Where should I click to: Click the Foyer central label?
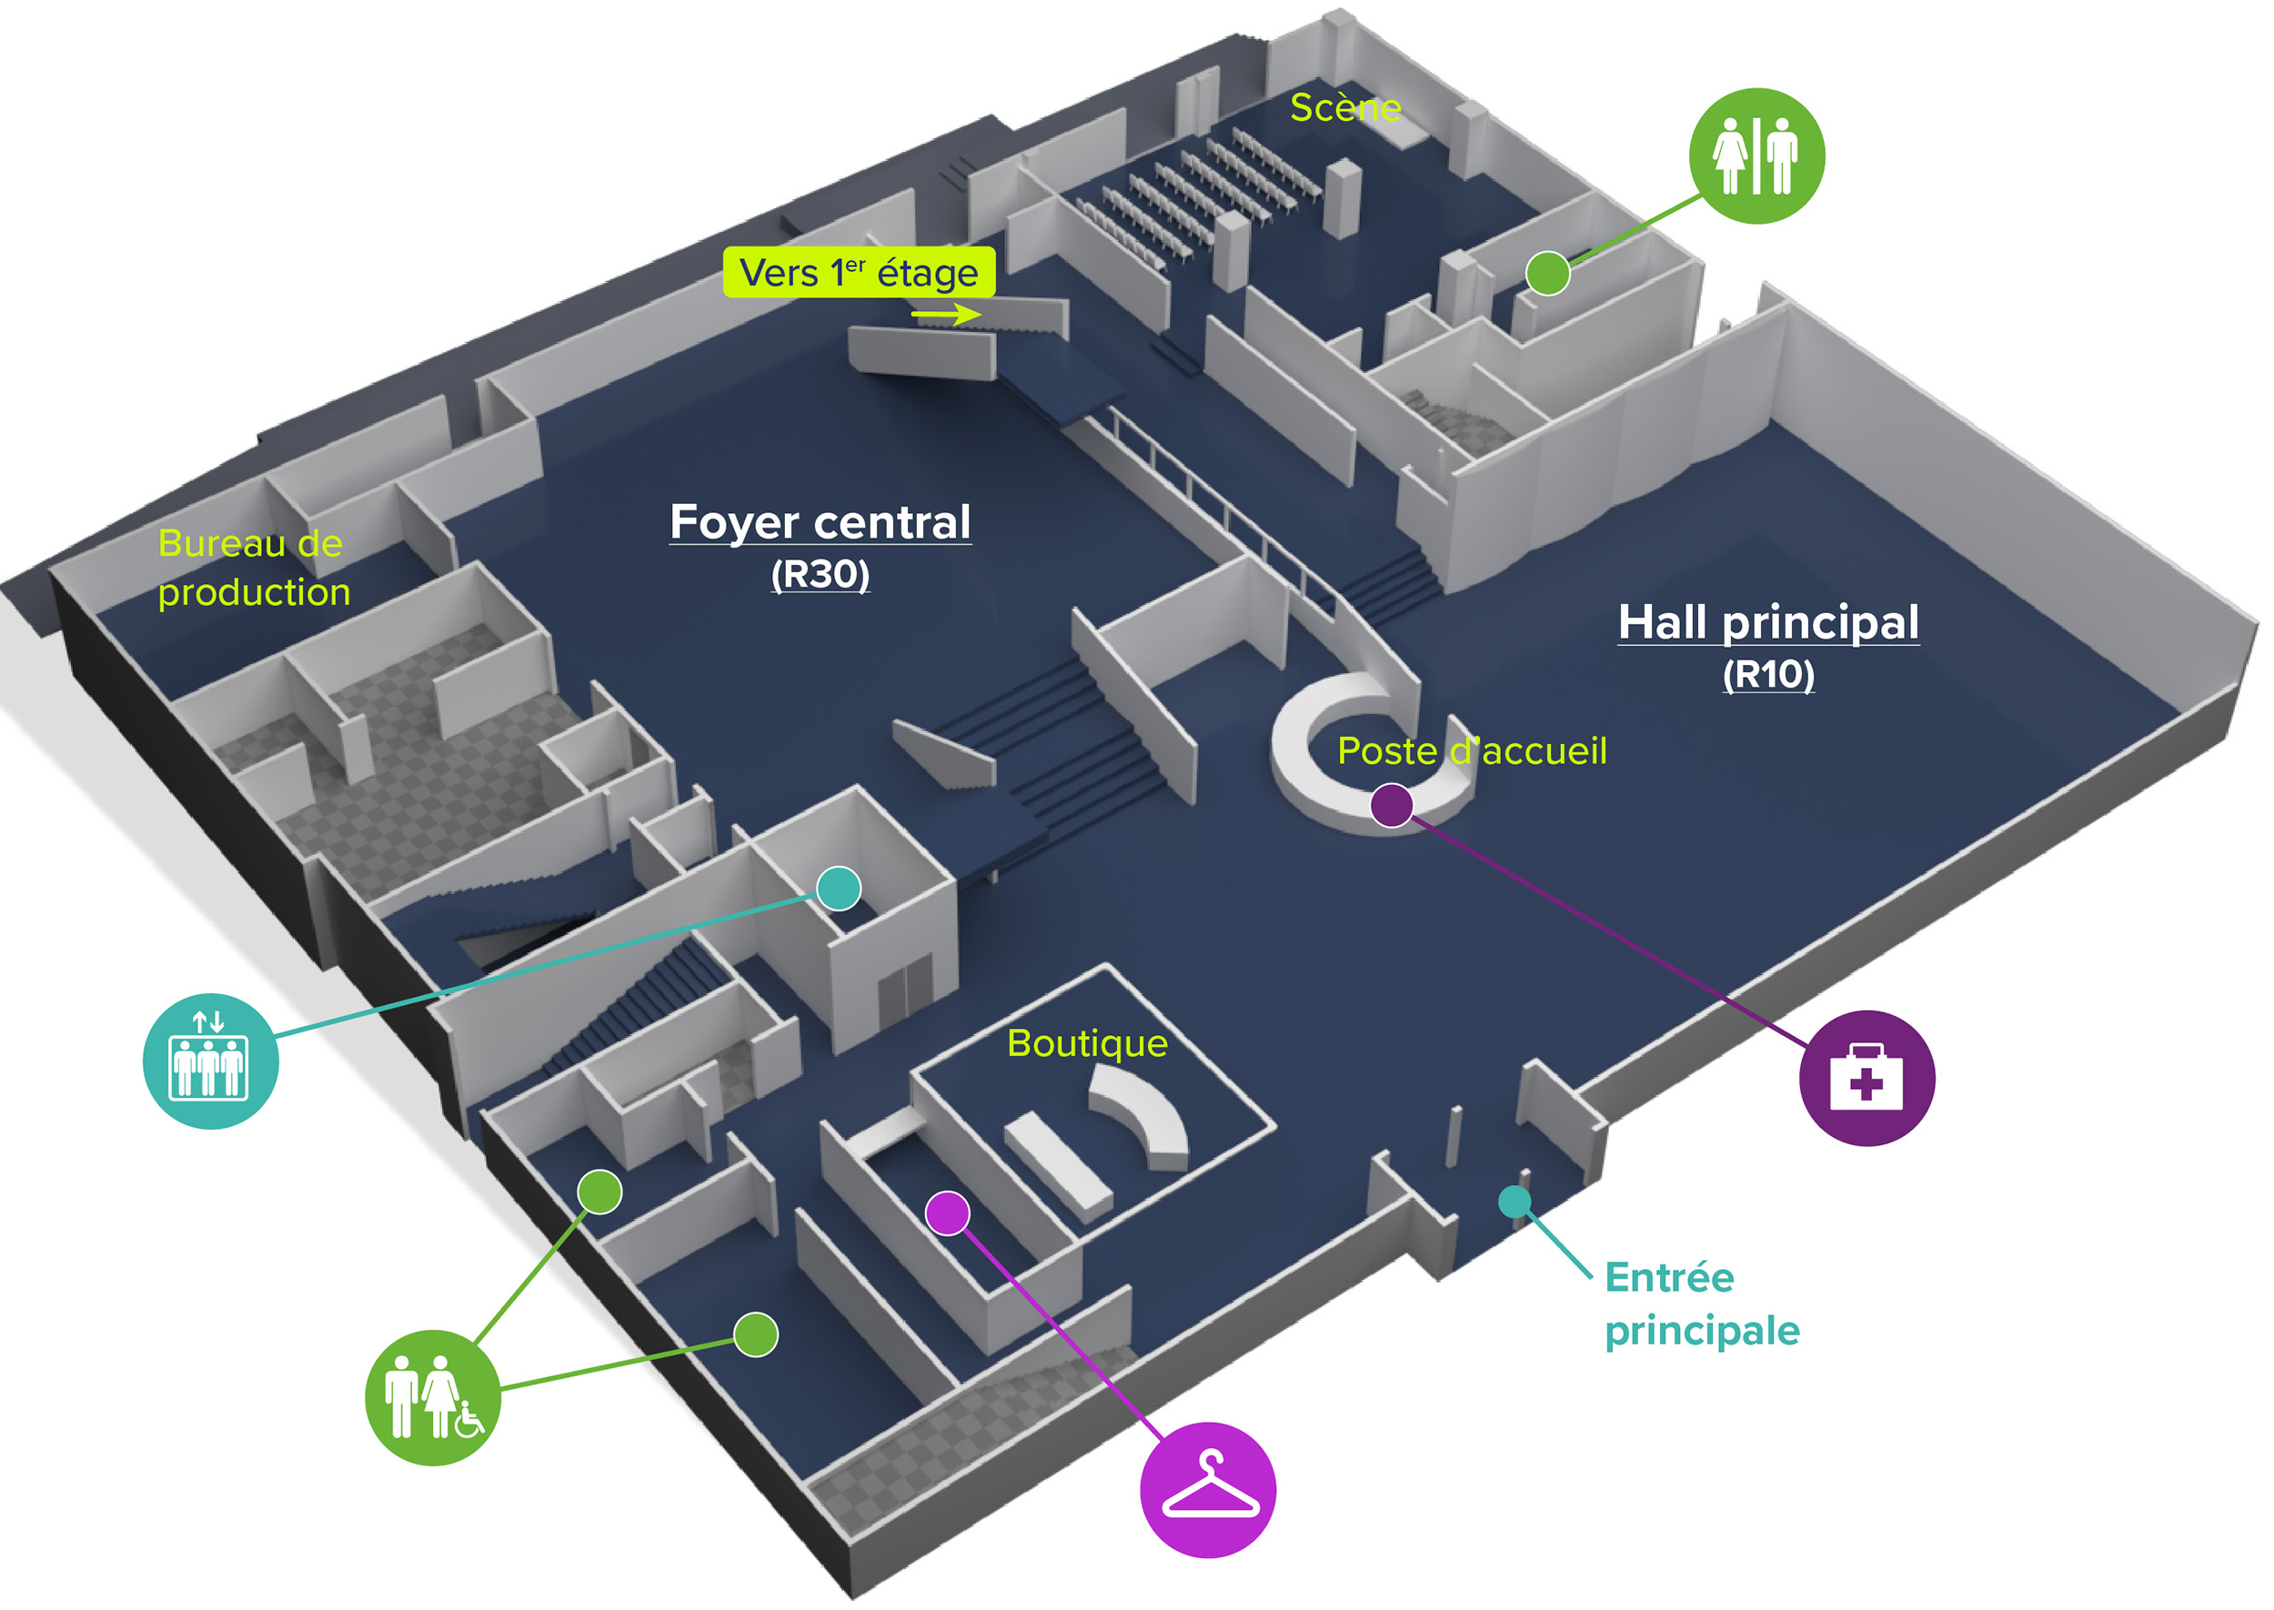coord(820,522)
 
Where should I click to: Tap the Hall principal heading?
coord(1767,622)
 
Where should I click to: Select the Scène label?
coord(1345,107)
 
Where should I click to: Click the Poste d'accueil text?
coord(1471,750)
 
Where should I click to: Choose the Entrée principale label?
coord(1701,1303)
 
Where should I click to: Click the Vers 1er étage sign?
coord(859,273)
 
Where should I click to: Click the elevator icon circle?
coord(210,1061)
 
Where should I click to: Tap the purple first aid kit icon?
coord(1866,1078)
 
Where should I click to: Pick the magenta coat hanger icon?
coord(1207,1489)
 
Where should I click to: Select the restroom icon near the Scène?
coord(1756,156)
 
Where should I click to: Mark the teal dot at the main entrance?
coord(1514,1202)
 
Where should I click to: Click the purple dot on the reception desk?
coord(1391,805)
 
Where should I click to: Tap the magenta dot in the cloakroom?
coord(947,1213)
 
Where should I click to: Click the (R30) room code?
coord(820,574)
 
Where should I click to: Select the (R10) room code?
coord(1767,674)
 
